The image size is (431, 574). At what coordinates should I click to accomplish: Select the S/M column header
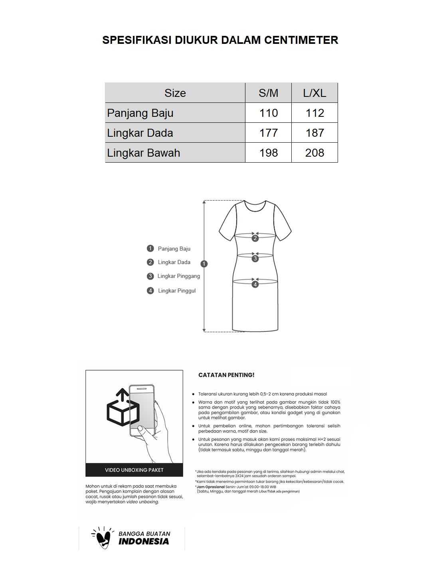click(268, 93)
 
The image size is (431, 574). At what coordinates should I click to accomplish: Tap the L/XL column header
click(314, 93)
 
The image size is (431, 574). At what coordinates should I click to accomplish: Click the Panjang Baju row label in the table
click(140, 113)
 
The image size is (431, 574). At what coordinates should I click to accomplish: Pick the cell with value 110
click(268, 113)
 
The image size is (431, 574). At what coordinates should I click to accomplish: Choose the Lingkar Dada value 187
click(314, 133)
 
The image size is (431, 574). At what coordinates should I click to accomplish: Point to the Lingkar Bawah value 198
click(268, 153)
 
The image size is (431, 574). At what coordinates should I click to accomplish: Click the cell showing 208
click(314, 153)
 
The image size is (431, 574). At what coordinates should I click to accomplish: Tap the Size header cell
click(175, 93)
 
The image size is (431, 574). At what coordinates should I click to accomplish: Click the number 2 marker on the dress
click(255, 238)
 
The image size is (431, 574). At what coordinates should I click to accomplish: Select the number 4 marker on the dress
click(255, 284)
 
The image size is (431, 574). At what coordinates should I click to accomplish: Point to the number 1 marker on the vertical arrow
click(204, 264)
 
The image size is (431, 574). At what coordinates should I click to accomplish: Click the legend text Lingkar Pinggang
click(178, 276)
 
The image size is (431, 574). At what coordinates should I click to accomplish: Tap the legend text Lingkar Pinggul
click(177, 291)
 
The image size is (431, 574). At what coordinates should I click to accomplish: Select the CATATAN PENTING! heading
click(226, 375)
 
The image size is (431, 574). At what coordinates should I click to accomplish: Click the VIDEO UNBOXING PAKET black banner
click(134, 470)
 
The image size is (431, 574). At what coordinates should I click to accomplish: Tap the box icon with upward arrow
click(122, 409)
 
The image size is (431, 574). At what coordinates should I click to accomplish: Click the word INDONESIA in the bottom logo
click(144, 542)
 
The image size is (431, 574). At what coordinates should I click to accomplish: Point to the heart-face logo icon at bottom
click(102, 539)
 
